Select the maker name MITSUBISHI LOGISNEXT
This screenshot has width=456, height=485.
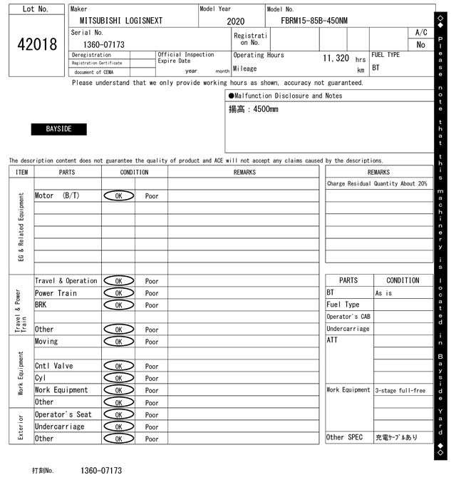121,21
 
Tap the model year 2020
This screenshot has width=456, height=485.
235,21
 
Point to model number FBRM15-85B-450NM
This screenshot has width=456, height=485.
313,21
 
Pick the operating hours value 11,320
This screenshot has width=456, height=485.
336,58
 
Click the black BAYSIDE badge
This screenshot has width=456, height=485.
58,129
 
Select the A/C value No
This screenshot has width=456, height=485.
420,44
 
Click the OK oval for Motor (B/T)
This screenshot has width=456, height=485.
118,195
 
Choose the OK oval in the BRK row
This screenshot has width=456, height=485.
118,305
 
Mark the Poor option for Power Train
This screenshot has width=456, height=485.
152,293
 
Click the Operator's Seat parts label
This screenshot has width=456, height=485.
63,414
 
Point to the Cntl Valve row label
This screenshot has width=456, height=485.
53,366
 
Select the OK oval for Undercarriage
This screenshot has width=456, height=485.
118,427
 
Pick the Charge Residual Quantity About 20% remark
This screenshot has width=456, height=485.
377,184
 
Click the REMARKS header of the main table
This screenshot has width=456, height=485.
244,172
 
